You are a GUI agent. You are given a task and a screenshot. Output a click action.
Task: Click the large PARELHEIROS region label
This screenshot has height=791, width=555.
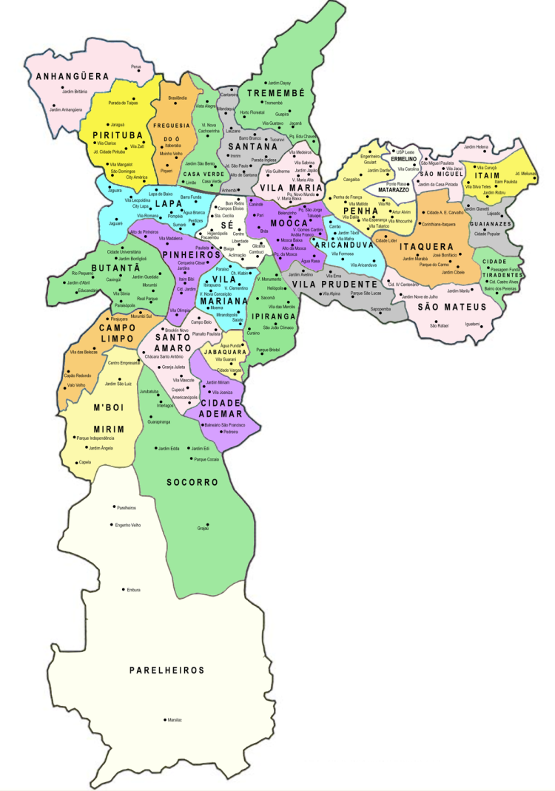point(166,670)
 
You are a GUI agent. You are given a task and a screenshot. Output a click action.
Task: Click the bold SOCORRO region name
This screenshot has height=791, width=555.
point(197,482)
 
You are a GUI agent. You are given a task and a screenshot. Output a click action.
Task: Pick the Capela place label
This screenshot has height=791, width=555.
point(85,463)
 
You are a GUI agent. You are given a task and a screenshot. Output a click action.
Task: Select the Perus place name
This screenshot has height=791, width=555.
point(135,67)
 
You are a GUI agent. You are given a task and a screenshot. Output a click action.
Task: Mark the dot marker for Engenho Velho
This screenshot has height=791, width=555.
point(111,526)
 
